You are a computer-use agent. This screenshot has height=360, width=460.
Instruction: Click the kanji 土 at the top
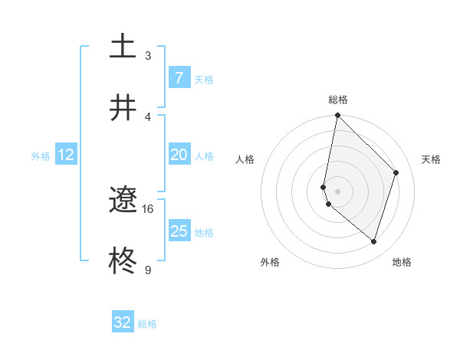pyautogui.click(x=123, y=46)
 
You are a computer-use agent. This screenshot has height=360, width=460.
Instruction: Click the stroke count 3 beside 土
pyautogui.click(x=148, y=56)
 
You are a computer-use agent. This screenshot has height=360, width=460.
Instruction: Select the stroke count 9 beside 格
pyautogui.click(x=148, y=270)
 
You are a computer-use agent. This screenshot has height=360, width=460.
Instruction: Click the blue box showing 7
pyautogui.click(x=179, y=78)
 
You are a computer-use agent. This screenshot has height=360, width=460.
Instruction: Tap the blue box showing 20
pyautogui.click(x=179, y=155)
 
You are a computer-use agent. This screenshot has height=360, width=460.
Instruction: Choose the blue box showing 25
pyautogui.click(x=179, y=231)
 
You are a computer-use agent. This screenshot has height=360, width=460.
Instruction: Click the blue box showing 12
pyautogui.click(x=66, y=155)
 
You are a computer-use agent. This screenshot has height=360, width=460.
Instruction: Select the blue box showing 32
pyautogui.click(x=123, y=322)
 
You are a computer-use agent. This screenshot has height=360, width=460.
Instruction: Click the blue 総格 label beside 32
pyautogui.click(x=147, y=324)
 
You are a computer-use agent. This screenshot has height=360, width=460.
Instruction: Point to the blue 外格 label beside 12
pyautogui.click(x=41, y=156)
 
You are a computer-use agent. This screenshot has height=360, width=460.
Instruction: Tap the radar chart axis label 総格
pyautogui.click(x=338, y=100)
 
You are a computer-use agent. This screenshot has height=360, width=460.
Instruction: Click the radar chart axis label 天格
pyautogui.click(x=431, y=159)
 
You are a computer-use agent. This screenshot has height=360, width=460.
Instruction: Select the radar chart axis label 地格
pyautogui.click(x=402, y=262)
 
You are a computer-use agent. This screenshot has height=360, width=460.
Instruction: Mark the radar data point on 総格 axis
pyautogui.click(x=337, y=116)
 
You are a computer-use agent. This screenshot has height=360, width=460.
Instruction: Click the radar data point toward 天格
pyautogui.click(x=396, y=172)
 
